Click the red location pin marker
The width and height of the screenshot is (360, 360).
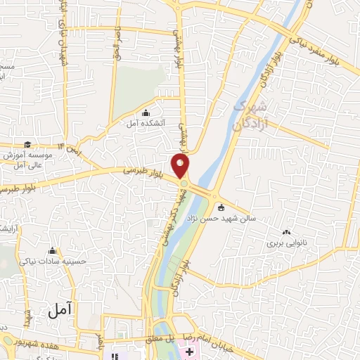(x=181, y=166)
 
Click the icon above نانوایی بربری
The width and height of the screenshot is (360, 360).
(x=286, y=233)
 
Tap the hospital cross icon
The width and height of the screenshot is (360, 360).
(x=190, y=351)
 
